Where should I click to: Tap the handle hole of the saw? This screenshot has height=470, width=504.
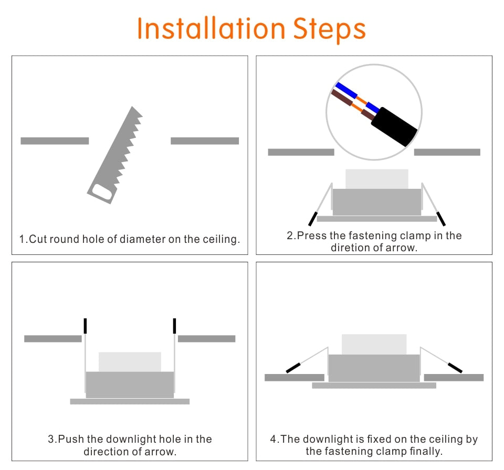(x=102, y=193)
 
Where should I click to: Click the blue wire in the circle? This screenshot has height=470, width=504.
(x=346, y=89)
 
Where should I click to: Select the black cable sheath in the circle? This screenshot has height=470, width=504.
(x=394, y=126)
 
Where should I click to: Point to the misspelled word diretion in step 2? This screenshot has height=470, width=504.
(x=351, y=248)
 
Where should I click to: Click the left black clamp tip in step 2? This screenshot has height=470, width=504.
(x=312, y=218)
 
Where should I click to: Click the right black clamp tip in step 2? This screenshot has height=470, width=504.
(x=441, y=218)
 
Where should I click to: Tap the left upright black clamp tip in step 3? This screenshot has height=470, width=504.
(x=85, y=326)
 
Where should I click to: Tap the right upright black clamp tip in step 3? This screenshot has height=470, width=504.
(x=174, y=326)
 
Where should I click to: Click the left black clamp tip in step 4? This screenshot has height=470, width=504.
(x=293, y=368)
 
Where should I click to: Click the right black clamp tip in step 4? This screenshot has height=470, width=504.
(x=455, y=368)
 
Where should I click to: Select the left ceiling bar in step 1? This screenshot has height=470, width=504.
(x=55, y=141)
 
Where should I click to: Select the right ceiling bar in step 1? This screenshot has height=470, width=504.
(x=205, y=141)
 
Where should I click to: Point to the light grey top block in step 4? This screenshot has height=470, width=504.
(x=374, y=344)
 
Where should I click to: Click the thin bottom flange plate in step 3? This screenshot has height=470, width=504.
(x=130, y=401)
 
